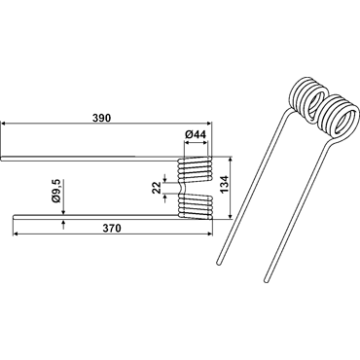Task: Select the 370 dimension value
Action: click(112, 229)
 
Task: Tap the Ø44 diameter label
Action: click(196, 134)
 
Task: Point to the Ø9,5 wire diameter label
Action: click(56, 192)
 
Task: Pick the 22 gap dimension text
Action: click(158, 188)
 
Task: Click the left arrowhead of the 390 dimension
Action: click(4, 124)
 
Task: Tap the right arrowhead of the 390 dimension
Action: click(208, 124)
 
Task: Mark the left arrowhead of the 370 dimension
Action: click(16, 234)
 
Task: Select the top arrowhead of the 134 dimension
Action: click(231, 160)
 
